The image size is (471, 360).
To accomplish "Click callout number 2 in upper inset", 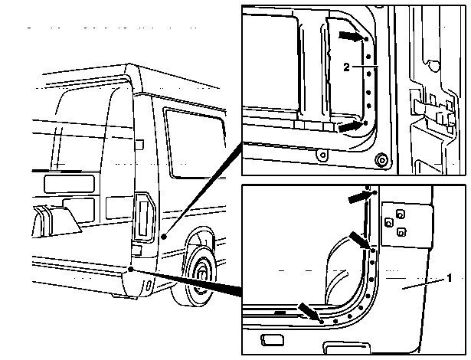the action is [346, 67].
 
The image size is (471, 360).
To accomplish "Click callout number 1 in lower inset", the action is [450, 278].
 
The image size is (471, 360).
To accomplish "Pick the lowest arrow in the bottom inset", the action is [309, 313].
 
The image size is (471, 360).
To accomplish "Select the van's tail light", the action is [144, 217].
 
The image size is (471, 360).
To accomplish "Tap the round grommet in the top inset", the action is [381, 160].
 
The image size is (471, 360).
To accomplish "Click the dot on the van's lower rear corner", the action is [130, 269].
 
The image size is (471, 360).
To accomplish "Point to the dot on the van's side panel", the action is [164, 237].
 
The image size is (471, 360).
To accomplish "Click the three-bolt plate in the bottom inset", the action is [407, 224].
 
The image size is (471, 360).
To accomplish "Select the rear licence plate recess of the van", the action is [69, 184].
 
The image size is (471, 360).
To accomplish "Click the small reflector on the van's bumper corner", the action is [148, 286].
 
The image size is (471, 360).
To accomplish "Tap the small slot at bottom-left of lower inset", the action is [272, 340].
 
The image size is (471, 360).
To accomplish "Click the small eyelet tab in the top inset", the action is [322, 155].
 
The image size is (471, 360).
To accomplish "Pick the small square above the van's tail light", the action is [139, 145].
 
